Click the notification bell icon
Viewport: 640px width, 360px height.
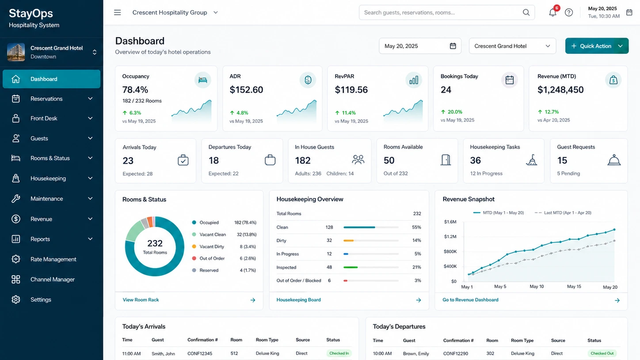click(x=552, y=12)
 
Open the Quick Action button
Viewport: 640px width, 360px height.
click(x=597, y=46)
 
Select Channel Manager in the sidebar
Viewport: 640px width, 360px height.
click(x=52, y=280)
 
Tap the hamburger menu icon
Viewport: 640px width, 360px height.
click(x=118, y=12)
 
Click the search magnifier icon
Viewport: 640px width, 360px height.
click(x=526, y=12)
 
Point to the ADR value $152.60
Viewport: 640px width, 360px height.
click(x=246, y=90)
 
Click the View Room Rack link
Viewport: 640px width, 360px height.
click(x=141, y=300)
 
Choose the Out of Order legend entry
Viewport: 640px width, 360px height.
click(x=212, y=258)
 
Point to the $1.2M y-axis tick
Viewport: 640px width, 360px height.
click(x=450, y=237)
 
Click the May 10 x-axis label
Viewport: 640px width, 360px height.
click(x=537, y=286)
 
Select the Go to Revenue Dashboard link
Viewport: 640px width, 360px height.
click(x=470, y=300)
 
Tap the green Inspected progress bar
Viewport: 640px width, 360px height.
click(x=350, y=267)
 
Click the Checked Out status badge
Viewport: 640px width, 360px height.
click(x=602, y=353)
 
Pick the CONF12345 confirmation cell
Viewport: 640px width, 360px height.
click(x=200, y=353)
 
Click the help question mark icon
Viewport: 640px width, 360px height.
click(x=568, y=12)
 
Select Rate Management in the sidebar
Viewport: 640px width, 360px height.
click(x=53, y=259)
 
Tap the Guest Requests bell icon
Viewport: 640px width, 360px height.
click(x=614, y=160)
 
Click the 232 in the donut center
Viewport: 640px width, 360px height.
click(x=155, y=243)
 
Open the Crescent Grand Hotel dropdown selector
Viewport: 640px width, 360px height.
click(x=512, y=46)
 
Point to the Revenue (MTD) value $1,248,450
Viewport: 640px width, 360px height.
click(x=560, y=90)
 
